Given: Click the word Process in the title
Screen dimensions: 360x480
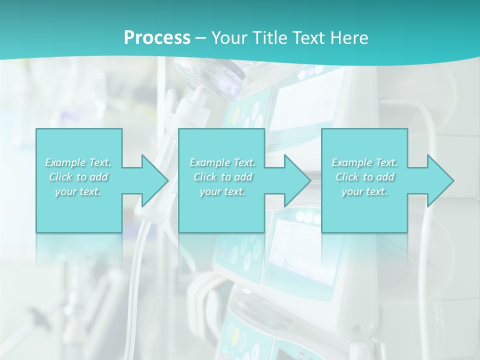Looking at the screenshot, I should [157, 37].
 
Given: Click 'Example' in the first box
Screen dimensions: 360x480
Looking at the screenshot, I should [65, 162].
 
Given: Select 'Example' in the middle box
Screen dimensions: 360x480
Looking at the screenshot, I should [209, 162].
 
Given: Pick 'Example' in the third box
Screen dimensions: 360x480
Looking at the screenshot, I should [351, 162].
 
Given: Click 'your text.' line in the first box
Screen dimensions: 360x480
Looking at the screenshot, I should [78, 191].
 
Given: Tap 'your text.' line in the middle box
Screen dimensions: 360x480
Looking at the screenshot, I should [222, 191].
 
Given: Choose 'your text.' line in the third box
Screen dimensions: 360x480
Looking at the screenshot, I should [364, 191].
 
